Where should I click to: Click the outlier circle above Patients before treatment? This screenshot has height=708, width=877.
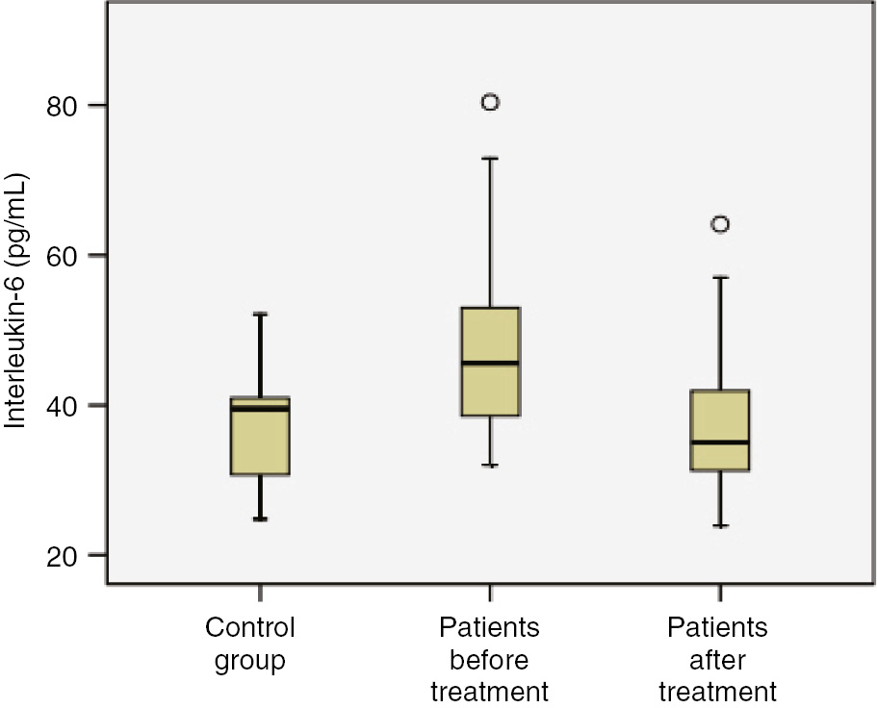490,102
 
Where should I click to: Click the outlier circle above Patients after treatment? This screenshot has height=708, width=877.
720,224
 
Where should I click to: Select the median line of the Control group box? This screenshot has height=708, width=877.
260,408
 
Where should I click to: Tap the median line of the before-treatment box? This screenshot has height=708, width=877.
490,363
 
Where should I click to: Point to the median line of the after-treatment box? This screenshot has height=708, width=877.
720,442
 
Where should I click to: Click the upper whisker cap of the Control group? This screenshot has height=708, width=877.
260,314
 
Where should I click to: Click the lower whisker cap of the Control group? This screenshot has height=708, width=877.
260,519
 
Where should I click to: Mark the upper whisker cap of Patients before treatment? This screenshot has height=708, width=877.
490,158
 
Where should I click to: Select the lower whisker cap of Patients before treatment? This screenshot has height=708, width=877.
490,466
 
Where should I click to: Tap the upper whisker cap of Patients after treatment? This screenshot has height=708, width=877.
720,277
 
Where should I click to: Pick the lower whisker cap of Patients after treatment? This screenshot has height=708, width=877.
720,526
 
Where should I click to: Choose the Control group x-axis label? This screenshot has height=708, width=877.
250,644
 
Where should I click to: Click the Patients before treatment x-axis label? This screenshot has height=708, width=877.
489,659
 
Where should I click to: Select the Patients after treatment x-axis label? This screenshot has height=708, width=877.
718,659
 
